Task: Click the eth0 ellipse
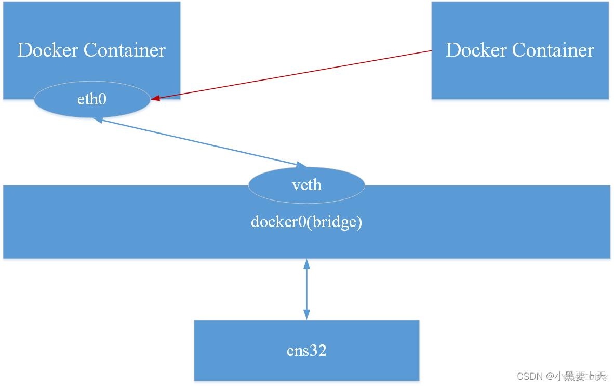coord(92,99)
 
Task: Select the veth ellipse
coord(306,185)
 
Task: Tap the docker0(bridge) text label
coord(306,222)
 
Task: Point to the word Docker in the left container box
coord(48,50)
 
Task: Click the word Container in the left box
coord(125,50)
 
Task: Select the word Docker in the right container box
coord(477,50)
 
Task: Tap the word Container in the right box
coord(553,50)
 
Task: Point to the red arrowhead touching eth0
coord(155,98)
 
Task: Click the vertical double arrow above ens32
coord(306,289)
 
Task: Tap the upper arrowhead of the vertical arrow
coord(306,263)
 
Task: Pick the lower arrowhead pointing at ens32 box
coord(306,314)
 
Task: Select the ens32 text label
coord(306,351)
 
